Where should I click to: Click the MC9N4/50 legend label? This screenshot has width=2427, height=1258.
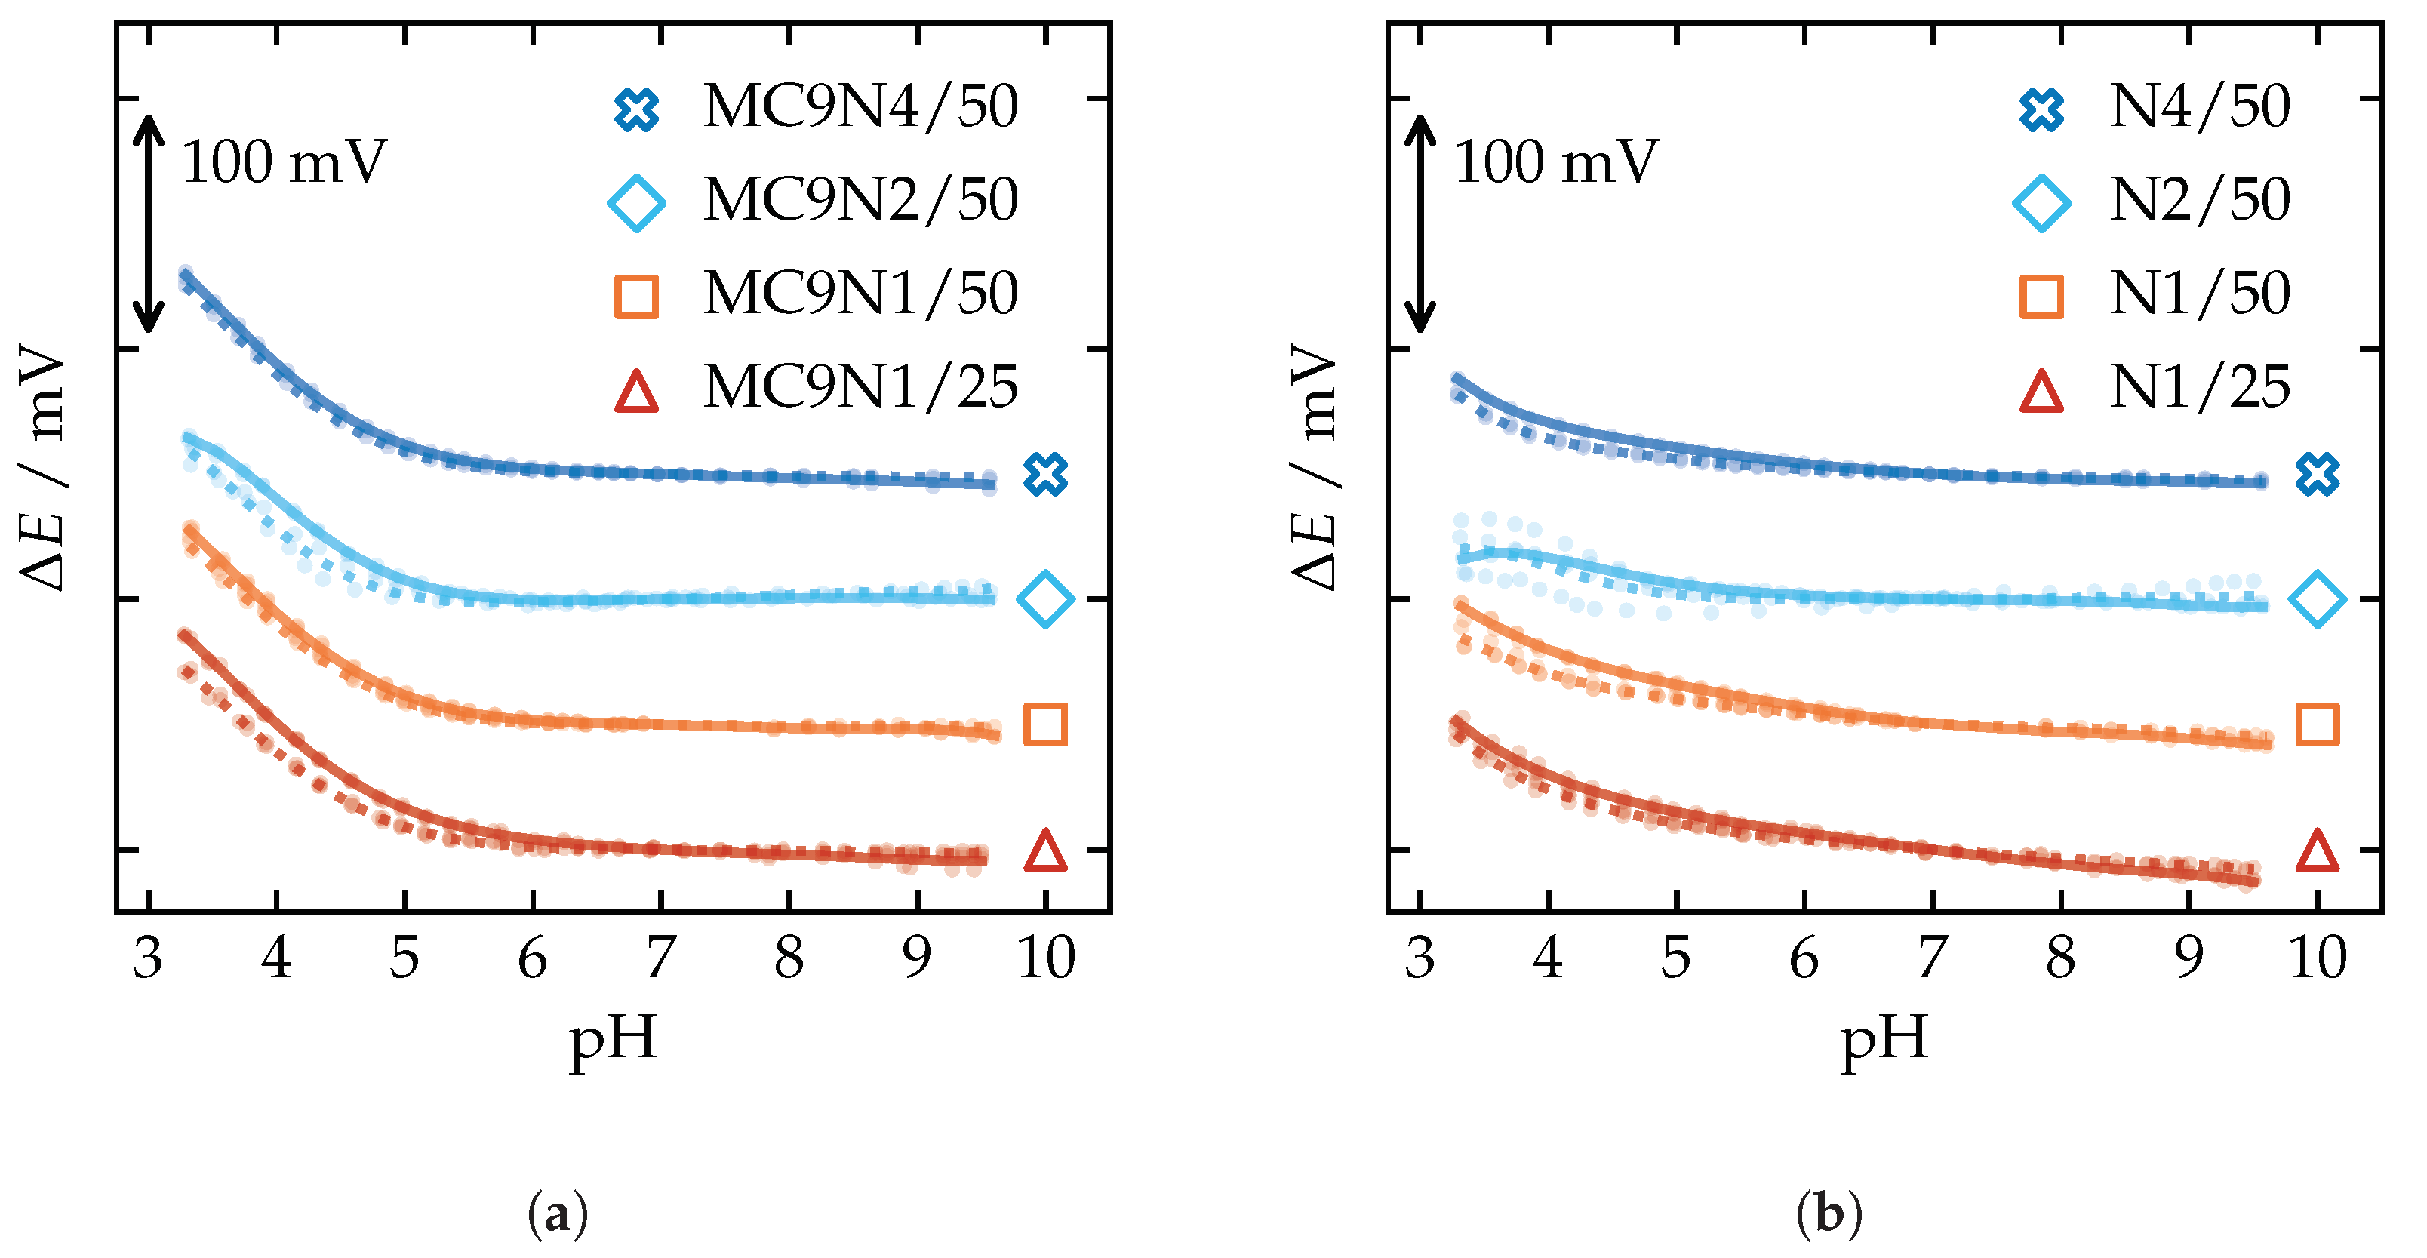click(x=860, y=106)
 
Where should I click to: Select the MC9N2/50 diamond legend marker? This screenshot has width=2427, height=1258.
click(x=637, y=202)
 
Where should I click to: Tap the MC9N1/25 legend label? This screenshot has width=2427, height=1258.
click(x=860, y=387)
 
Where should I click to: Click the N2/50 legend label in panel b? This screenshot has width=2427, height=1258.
click(x=2199, y=200)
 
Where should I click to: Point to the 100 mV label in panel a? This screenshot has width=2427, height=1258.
click(x=284, y=162)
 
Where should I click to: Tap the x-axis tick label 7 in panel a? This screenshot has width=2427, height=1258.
click(x=660, y=958)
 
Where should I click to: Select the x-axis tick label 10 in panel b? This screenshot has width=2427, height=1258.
click(x=2317, y=958)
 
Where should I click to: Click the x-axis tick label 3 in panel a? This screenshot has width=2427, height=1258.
click(x=148, y=958)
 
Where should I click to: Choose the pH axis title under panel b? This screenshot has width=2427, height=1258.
click(x=1884, y=1041)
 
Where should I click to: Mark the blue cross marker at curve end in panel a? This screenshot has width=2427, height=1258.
click(x=1046, y=474)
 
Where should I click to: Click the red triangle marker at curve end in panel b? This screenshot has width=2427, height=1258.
click(x=2318, y=851)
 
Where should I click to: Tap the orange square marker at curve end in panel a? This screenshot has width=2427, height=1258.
click(x=1046, y=724)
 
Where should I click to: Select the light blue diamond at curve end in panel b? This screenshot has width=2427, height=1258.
click(x=2318, y=598)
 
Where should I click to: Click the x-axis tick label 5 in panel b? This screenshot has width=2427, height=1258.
click(x=1676, y=958)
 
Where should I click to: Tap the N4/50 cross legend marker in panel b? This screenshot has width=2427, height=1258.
click(x=2041, y=109)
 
